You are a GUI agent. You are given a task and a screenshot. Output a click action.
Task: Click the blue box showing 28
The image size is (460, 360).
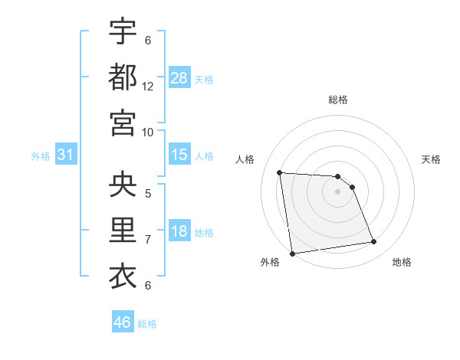[179, 77]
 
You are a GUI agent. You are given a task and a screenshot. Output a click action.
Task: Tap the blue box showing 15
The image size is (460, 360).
[179, 155]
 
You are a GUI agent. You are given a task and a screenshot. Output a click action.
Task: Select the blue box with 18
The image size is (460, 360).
[179, 231]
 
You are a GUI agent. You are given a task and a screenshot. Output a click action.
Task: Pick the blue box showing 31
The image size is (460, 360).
[66, 155]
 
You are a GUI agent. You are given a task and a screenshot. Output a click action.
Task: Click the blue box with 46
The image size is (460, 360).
[123, 322]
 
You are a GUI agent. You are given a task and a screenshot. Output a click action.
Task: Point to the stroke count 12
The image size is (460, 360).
[148, 86]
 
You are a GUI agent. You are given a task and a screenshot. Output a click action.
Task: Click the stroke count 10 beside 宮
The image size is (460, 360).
[148, 132]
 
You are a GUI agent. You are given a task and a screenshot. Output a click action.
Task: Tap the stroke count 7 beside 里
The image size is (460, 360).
[148, 240]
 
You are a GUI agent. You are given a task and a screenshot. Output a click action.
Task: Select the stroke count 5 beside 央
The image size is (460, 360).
[148, 194]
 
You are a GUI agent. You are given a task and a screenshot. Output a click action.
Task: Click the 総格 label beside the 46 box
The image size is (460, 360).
[147, 324]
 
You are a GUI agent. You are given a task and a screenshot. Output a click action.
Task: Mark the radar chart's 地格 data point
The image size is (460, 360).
[374, 242]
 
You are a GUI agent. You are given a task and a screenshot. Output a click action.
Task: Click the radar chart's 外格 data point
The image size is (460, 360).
[291, 254]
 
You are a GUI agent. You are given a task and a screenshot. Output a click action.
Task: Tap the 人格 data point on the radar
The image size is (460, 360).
[280, 172]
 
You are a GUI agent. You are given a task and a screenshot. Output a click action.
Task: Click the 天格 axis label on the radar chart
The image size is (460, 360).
[431, 159]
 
